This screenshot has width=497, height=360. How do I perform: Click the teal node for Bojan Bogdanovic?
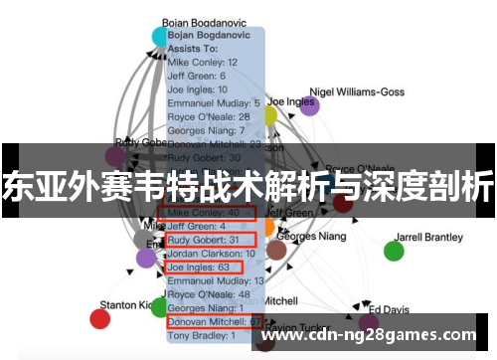point(160,37)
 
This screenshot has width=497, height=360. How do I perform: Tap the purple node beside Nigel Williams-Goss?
point(310,106)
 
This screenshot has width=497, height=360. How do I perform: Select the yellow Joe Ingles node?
point(268,115)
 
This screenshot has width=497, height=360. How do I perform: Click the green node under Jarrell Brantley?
point(395,251)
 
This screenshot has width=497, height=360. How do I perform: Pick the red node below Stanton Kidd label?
point(99,318)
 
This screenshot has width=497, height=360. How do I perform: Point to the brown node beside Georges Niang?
point(276,249)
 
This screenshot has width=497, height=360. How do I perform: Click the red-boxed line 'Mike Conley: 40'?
point(210,212)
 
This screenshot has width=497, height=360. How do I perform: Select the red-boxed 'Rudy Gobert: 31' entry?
point(210,240)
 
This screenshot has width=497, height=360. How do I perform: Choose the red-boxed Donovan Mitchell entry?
point(215,322)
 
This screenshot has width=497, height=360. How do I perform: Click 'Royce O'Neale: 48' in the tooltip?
point(209,294)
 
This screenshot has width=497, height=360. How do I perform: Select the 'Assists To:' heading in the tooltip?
point(193,47)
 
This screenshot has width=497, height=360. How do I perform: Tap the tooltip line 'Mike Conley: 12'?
point(203,61)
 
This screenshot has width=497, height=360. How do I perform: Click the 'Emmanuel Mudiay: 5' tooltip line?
point(214,102)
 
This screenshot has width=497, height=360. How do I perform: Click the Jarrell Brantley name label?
point(429,238)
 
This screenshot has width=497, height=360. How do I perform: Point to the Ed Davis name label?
point(389,309)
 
